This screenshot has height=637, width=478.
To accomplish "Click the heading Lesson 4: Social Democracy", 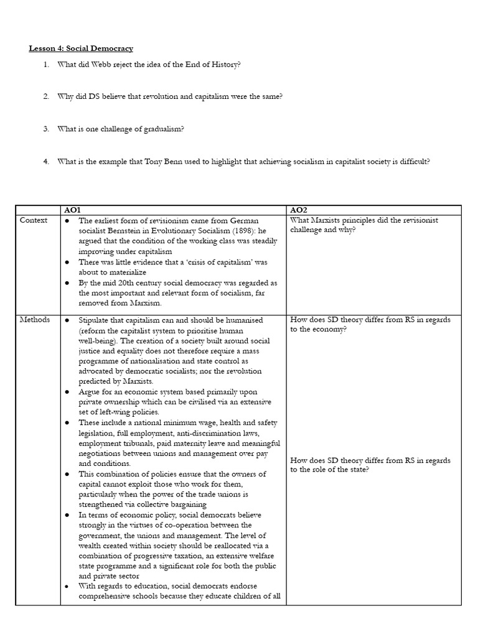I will pos(81,48).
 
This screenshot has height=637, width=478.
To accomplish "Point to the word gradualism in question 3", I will pos(162,129).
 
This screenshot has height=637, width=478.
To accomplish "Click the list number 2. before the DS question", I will pos(45,96).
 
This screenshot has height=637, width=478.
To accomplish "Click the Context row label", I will pos(34,220).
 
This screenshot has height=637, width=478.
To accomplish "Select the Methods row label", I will pos(35,320).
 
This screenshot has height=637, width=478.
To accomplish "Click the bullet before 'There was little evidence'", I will pos(67,263).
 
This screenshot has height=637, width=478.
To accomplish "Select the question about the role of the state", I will pos(371,464).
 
